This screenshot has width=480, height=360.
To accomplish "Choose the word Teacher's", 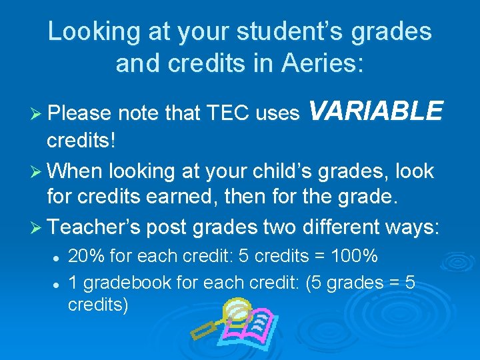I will click(93, 227).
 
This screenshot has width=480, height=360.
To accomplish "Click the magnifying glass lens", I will click(235, 310).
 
